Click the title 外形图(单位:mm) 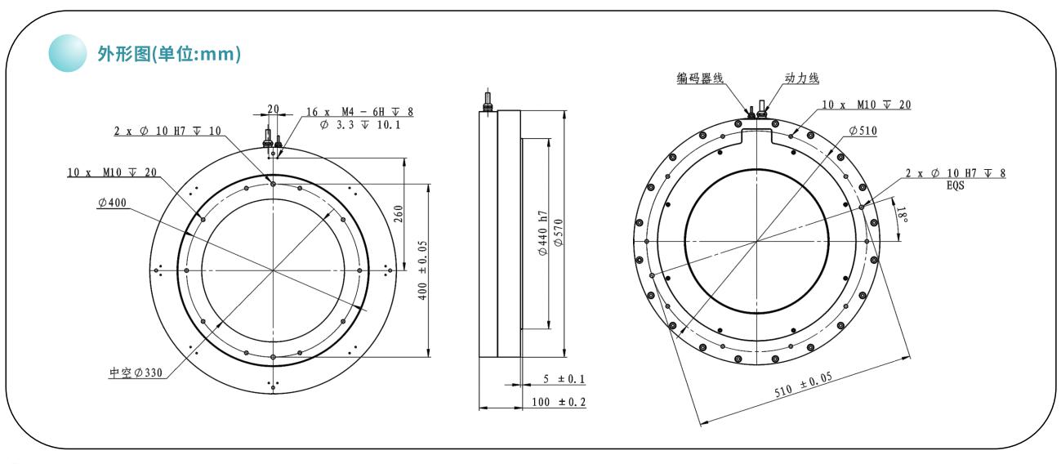click(169, 54)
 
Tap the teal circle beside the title click(68, 53)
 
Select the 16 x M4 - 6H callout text click(359, 112)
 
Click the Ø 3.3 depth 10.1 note click(360, 125)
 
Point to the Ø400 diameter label click(112, 203)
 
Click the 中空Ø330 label click(136, 373)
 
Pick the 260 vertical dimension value click(399, 214)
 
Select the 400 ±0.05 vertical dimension click(422, 270)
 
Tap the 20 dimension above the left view click(274, 109)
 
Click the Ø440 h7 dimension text click(543, 233)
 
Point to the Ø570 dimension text click(559, 232)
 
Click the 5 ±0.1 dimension click(564, 379)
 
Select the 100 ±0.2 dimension click(559, 403)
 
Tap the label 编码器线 click(700, 78)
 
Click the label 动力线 click(802, 78)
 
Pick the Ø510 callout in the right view click(863, 131)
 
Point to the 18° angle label click(902, 215)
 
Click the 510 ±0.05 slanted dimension click(804, 385)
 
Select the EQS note click(956, 185)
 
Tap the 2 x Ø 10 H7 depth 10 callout click(167, 132)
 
